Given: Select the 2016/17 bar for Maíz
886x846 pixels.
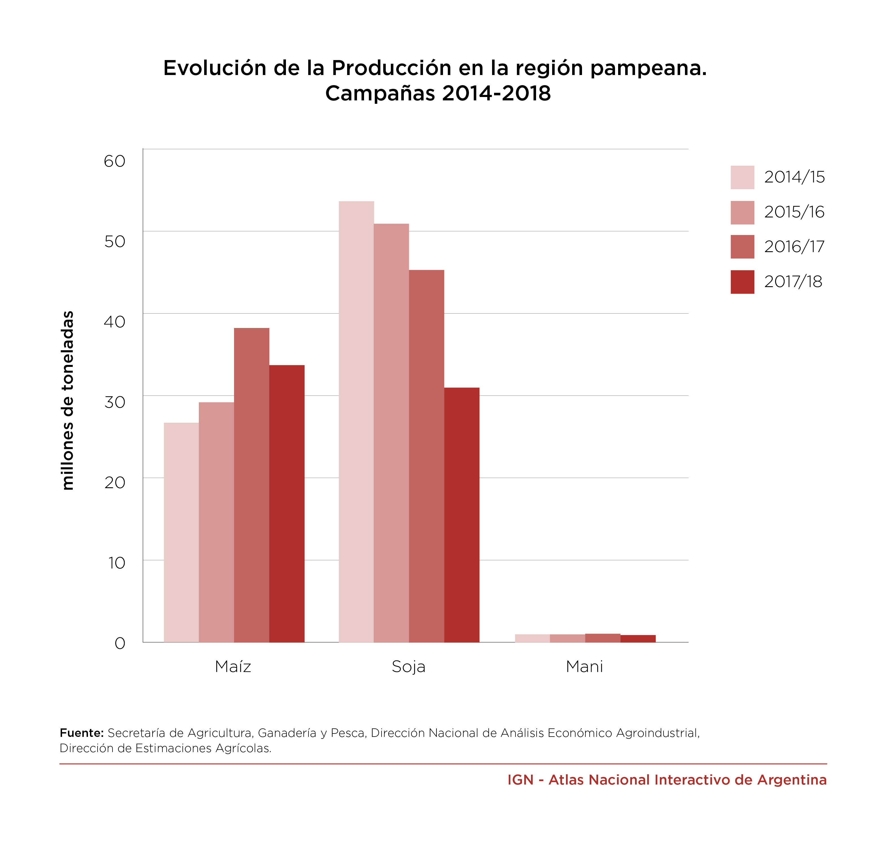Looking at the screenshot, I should coord(251,485).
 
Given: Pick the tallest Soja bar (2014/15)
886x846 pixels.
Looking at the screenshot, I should coord(356,422).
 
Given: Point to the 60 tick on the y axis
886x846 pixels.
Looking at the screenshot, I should coord(114,161).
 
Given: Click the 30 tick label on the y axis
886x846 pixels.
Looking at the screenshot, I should coord(114,402).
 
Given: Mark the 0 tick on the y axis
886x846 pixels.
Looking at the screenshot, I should coord(120,643).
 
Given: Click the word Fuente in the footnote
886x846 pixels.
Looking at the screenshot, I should coord(81,733).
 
